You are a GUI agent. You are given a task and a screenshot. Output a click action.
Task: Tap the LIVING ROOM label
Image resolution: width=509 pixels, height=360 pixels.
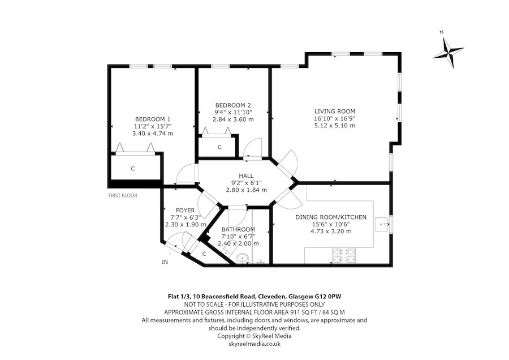click(334, 111)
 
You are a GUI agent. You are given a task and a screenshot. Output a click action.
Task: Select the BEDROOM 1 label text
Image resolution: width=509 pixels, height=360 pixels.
click(153, 119)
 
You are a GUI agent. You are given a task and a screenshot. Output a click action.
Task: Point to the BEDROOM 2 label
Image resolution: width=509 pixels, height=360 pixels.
click(233, 105)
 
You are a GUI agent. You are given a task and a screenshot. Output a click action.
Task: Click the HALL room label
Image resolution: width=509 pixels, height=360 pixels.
click(246, 176)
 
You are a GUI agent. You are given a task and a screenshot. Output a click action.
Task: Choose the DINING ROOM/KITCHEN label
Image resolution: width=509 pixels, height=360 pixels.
click(331, 217)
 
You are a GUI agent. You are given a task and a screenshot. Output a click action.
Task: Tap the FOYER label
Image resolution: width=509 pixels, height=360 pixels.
click(186, 211)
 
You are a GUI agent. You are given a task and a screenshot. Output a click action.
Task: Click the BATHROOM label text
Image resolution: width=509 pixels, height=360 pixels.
click(238, 229)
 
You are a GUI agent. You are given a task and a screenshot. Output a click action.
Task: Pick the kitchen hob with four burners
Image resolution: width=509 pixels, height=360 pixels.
click(344, 255)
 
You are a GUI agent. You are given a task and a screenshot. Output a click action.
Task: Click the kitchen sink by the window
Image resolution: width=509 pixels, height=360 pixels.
click(382, 224)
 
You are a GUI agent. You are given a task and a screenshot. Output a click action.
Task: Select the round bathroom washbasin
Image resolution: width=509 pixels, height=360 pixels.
click(242, 258)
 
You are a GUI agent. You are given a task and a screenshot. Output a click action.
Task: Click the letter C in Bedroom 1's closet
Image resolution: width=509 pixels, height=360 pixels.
click(132, 169)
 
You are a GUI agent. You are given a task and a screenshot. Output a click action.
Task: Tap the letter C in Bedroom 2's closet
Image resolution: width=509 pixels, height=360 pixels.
click(219, 147)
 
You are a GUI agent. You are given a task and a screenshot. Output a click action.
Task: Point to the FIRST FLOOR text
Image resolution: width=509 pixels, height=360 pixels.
click(123, 196)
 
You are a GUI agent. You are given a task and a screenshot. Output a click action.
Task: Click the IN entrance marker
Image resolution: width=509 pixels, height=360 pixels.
click(165, 262)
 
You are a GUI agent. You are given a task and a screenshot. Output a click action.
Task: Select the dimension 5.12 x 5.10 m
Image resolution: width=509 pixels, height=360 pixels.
click(335, 126)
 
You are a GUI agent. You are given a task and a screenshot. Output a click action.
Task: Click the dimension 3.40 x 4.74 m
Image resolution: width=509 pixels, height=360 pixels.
click(153, 133)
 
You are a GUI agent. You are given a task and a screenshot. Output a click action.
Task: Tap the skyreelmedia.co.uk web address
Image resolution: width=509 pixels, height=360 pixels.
click(255, 344)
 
